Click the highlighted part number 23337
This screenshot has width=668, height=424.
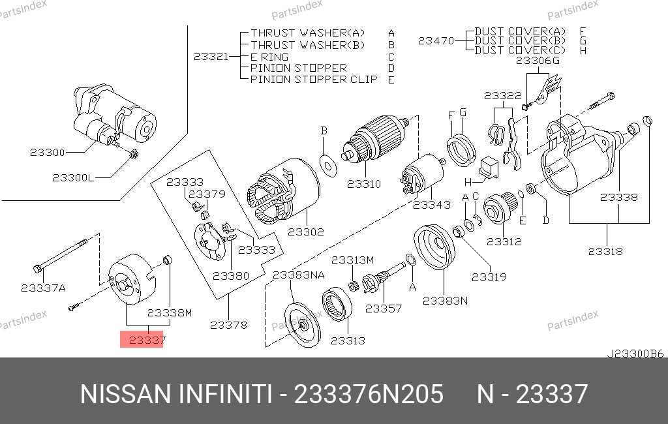click(142, 339)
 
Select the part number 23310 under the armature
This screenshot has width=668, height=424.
click(364, 184)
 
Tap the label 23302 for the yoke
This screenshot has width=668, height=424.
click(306, 231)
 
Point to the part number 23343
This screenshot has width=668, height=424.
click(431, 205)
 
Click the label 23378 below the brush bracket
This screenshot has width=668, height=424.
click(228, 324)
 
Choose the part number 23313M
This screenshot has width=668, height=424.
click(352, 260)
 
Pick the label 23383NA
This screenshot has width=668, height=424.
click(298, 275)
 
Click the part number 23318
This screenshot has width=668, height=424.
click(605, 250)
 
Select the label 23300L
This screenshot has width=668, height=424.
click(73, 177)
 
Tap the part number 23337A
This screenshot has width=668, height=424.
click(43, 287)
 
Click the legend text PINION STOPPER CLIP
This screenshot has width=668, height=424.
click(314, 80)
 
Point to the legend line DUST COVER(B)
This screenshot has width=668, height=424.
click(520, 40)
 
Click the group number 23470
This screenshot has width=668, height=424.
click(436, 40)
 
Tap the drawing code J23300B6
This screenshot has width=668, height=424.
click(635, 354)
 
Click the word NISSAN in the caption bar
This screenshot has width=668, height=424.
click(121, 395)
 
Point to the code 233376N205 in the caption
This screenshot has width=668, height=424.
click(369, 395)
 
